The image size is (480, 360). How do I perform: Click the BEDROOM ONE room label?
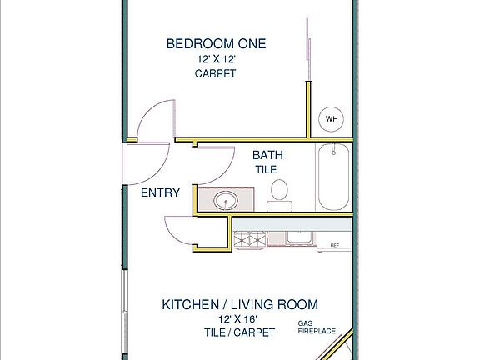click(216, 44)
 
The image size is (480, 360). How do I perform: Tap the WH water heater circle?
click(331, 119)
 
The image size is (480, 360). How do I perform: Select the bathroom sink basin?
click(226, 201)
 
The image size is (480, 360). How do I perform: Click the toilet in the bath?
click(279, 195)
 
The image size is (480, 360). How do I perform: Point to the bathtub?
click(333, 177)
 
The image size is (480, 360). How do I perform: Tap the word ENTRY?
click(160, 192)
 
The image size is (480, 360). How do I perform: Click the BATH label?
click(267, 155)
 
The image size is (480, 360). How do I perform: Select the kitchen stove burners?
click(249, 239)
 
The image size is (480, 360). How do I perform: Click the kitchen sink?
click(299, 237)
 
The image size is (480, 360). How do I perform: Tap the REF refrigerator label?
click(335, 245)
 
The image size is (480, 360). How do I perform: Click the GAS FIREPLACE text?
click(317, 327)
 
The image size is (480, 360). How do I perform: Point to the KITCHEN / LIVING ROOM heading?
click(240, 305)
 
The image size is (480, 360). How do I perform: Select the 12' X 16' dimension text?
click(237, 319)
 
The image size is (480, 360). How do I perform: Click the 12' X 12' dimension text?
click(217, 59)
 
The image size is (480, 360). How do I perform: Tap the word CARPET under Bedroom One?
click(216, 73)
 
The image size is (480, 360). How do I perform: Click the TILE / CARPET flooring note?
click(240, 332)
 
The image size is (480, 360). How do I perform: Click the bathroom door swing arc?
click(226, 171)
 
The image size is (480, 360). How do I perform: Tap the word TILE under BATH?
click(267, 170)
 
